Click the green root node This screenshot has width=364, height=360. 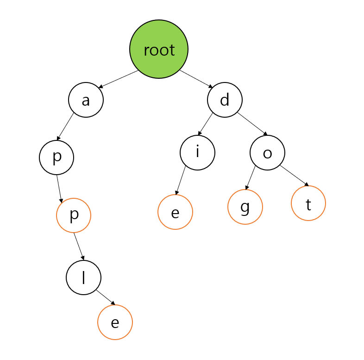[159, 49]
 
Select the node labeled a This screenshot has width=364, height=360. [86, 100]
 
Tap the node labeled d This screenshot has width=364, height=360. [225, 100]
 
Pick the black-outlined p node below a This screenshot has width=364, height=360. [56, 157]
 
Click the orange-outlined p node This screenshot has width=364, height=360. [74, 215]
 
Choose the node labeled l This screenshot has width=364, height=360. [84, 277]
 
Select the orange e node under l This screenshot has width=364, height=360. [115, 322]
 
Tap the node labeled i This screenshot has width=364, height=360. [197, 152]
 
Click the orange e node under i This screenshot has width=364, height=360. [175, 212]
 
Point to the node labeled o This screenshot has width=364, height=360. [267, 153]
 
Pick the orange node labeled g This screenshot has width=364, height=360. [245, 207]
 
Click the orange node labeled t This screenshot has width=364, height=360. [308, 203]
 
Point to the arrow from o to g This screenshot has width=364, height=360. [251, 177]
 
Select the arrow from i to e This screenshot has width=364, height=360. [181, 180]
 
